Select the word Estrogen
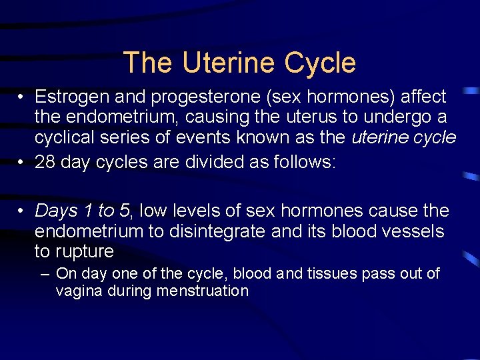tap(72, 97)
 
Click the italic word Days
tap(56, 211)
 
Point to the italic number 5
tap(125, 211)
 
